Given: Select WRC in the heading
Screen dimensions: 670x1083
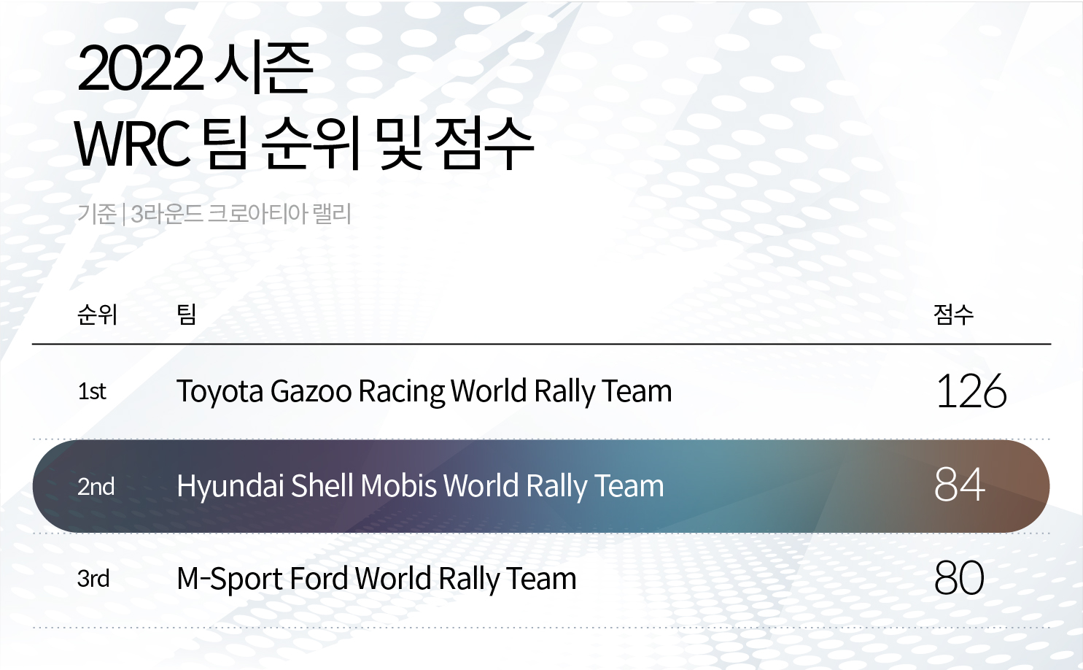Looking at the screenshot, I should click(132, 144).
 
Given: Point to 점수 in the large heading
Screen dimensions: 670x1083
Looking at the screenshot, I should click(484, 144).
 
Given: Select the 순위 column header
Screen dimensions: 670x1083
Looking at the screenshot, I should click(97, 315).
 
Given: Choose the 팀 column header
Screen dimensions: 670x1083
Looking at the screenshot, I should click(187, 315).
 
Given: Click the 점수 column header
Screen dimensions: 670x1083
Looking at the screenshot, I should click(953, 315).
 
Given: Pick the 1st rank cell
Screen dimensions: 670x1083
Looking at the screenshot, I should click(92, 392).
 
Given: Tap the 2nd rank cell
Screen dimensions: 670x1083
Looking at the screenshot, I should click(96, 487).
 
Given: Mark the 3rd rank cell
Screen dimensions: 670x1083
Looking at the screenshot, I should click(93, 579).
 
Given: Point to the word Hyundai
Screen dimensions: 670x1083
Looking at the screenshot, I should click(230, 487).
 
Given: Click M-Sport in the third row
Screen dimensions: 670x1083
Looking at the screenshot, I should click(229, 579).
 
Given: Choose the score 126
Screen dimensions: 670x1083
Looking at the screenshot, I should click(971, 392).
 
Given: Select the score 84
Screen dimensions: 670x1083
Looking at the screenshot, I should click(959, 485).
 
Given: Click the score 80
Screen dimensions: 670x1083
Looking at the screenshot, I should click(959, 579).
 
